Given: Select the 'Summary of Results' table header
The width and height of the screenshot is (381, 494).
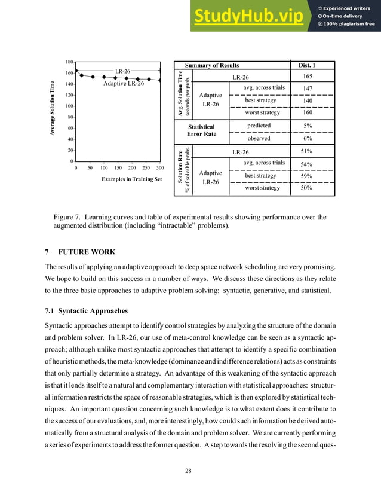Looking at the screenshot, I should pos(211,65).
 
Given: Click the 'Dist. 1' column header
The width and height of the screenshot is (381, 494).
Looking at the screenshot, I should pos(306,65).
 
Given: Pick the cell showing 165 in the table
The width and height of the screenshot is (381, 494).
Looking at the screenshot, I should pos(308,77).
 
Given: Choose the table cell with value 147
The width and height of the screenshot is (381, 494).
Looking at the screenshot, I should pos(308,89).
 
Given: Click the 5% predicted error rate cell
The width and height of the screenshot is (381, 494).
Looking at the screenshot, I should pos(308,126).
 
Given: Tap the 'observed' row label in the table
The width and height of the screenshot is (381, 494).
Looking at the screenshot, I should pos(259,138).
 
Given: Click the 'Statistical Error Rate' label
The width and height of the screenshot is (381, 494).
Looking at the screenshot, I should pos(201,130).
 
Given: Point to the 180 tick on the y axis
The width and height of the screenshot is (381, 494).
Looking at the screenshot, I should pos(69,62).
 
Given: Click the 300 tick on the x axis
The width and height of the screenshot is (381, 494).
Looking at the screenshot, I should pos(159,169).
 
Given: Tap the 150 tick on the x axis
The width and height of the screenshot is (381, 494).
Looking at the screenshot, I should pos(118,169).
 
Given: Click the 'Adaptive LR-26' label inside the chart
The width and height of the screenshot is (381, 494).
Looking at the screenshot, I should pos(123,84).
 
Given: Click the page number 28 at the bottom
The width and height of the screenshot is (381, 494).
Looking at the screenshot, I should pos(190,472).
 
